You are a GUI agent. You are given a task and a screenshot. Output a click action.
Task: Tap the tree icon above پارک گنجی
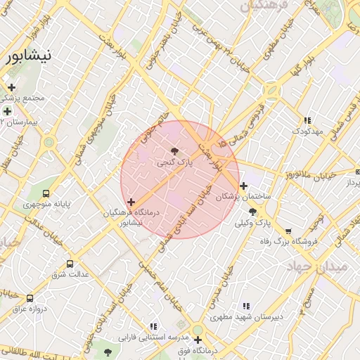tap(174, 150)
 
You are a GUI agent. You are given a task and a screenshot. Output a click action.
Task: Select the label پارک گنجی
tap(174, 162)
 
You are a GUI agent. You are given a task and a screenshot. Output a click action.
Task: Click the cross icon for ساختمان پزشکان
tap(243, 186)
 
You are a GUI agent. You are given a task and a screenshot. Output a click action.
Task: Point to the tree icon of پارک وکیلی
tap(252, 211)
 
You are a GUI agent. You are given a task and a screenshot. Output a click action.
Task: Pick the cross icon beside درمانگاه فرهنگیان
tap(131, 202)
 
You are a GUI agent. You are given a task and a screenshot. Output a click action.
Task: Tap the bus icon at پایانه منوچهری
tap(46, 193)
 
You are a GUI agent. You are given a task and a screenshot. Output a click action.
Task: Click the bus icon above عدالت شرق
tap(70, 264)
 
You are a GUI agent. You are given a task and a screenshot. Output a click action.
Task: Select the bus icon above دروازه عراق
tap(30, 298)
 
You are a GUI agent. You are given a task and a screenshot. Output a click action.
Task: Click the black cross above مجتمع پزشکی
tap(11, 87)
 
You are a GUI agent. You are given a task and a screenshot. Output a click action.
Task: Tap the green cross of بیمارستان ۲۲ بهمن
tap(7, 111)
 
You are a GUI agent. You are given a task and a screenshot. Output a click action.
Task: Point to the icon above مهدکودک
tap(307, 120)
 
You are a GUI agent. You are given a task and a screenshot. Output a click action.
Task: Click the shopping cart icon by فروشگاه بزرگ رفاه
tap(288, 231)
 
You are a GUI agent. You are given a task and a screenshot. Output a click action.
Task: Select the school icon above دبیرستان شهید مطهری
tap(245, 306)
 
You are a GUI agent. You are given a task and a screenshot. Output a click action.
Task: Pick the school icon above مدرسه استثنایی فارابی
tap(153, 326)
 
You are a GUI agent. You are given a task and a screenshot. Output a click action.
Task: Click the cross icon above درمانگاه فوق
tap(198, 340)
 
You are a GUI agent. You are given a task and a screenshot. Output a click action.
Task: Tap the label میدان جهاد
tap(317, 267)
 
